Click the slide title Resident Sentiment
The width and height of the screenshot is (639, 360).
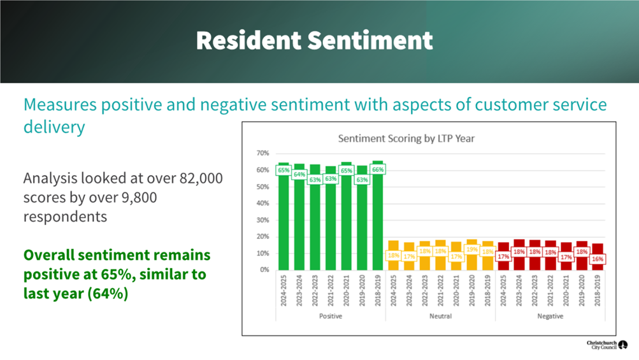(x=314, y=41)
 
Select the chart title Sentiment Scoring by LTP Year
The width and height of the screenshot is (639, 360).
(x=406, y=138)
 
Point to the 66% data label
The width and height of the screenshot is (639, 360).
(x=377, y=170)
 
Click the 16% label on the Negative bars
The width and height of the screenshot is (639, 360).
(x=598, y=259)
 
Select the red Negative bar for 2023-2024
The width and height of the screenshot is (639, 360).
(x=519, y=261)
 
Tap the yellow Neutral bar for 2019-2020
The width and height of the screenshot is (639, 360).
(x=472, y=261)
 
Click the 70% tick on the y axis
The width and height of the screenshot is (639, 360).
(x=262, y=154)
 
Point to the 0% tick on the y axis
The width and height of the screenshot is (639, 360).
(x=264, y=270)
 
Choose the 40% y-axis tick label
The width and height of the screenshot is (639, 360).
(x=262, y=204)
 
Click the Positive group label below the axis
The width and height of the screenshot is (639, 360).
(x=331, y=316)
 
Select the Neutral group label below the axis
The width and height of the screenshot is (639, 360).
(x=440, y=316)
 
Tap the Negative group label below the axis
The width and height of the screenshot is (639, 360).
(x=550, y=316)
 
